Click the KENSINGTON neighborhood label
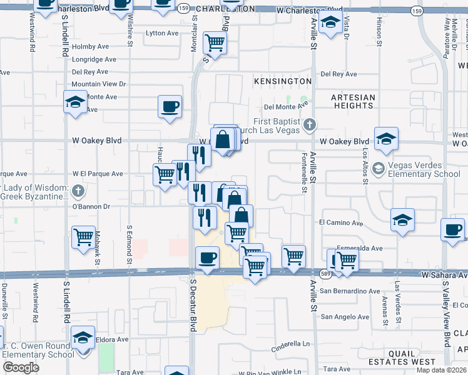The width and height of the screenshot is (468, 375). point(282,81)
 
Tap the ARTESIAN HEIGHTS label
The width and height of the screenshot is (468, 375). point(354,101)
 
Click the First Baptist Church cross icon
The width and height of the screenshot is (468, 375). point(308,125)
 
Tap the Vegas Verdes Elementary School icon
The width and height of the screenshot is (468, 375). point(378,168)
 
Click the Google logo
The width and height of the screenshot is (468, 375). point(21,367)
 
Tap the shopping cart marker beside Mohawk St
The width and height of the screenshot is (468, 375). point(83,237)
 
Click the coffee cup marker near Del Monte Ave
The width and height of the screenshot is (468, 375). point(170,106)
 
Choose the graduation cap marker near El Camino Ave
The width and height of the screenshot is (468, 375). point(402,220)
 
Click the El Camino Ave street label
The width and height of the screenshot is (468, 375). point(341,222)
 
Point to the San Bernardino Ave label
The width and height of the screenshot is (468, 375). point(350,291)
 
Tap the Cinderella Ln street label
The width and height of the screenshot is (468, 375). point(290,344)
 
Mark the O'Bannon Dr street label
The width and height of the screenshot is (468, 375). point(91,206)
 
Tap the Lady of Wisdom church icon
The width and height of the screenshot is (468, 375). point(77,190)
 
